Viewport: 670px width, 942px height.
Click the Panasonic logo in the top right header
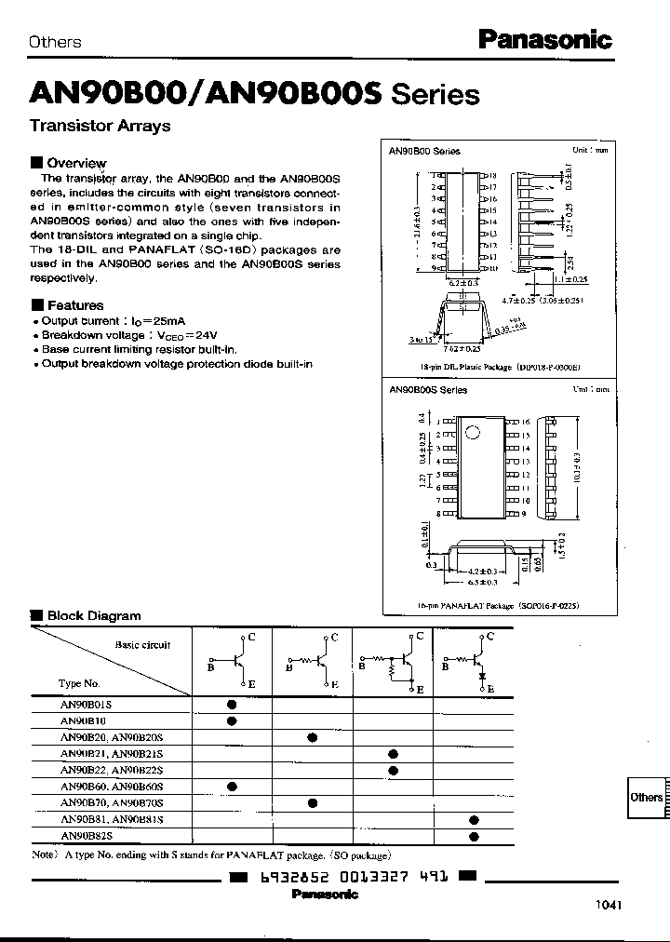[x=544, y=39]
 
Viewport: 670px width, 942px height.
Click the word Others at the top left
[x=55, y=42]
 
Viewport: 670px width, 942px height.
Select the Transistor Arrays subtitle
[x=100, y=126]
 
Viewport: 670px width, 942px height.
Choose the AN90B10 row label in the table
[x=83, y=720]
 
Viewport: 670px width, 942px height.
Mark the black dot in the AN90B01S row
[x=231, y=705]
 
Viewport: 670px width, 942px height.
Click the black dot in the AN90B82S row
[x=475, y=836]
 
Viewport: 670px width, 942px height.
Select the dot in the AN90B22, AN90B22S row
[x=394, y=771]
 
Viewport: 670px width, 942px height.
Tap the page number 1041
[x=606, y=905]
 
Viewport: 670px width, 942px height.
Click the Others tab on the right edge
[x=646, y=797]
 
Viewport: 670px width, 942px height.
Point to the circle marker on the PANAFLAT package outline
[x=472, y=432]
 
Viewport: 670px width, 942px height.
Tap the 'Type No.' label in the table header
[x=78, y=682]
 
